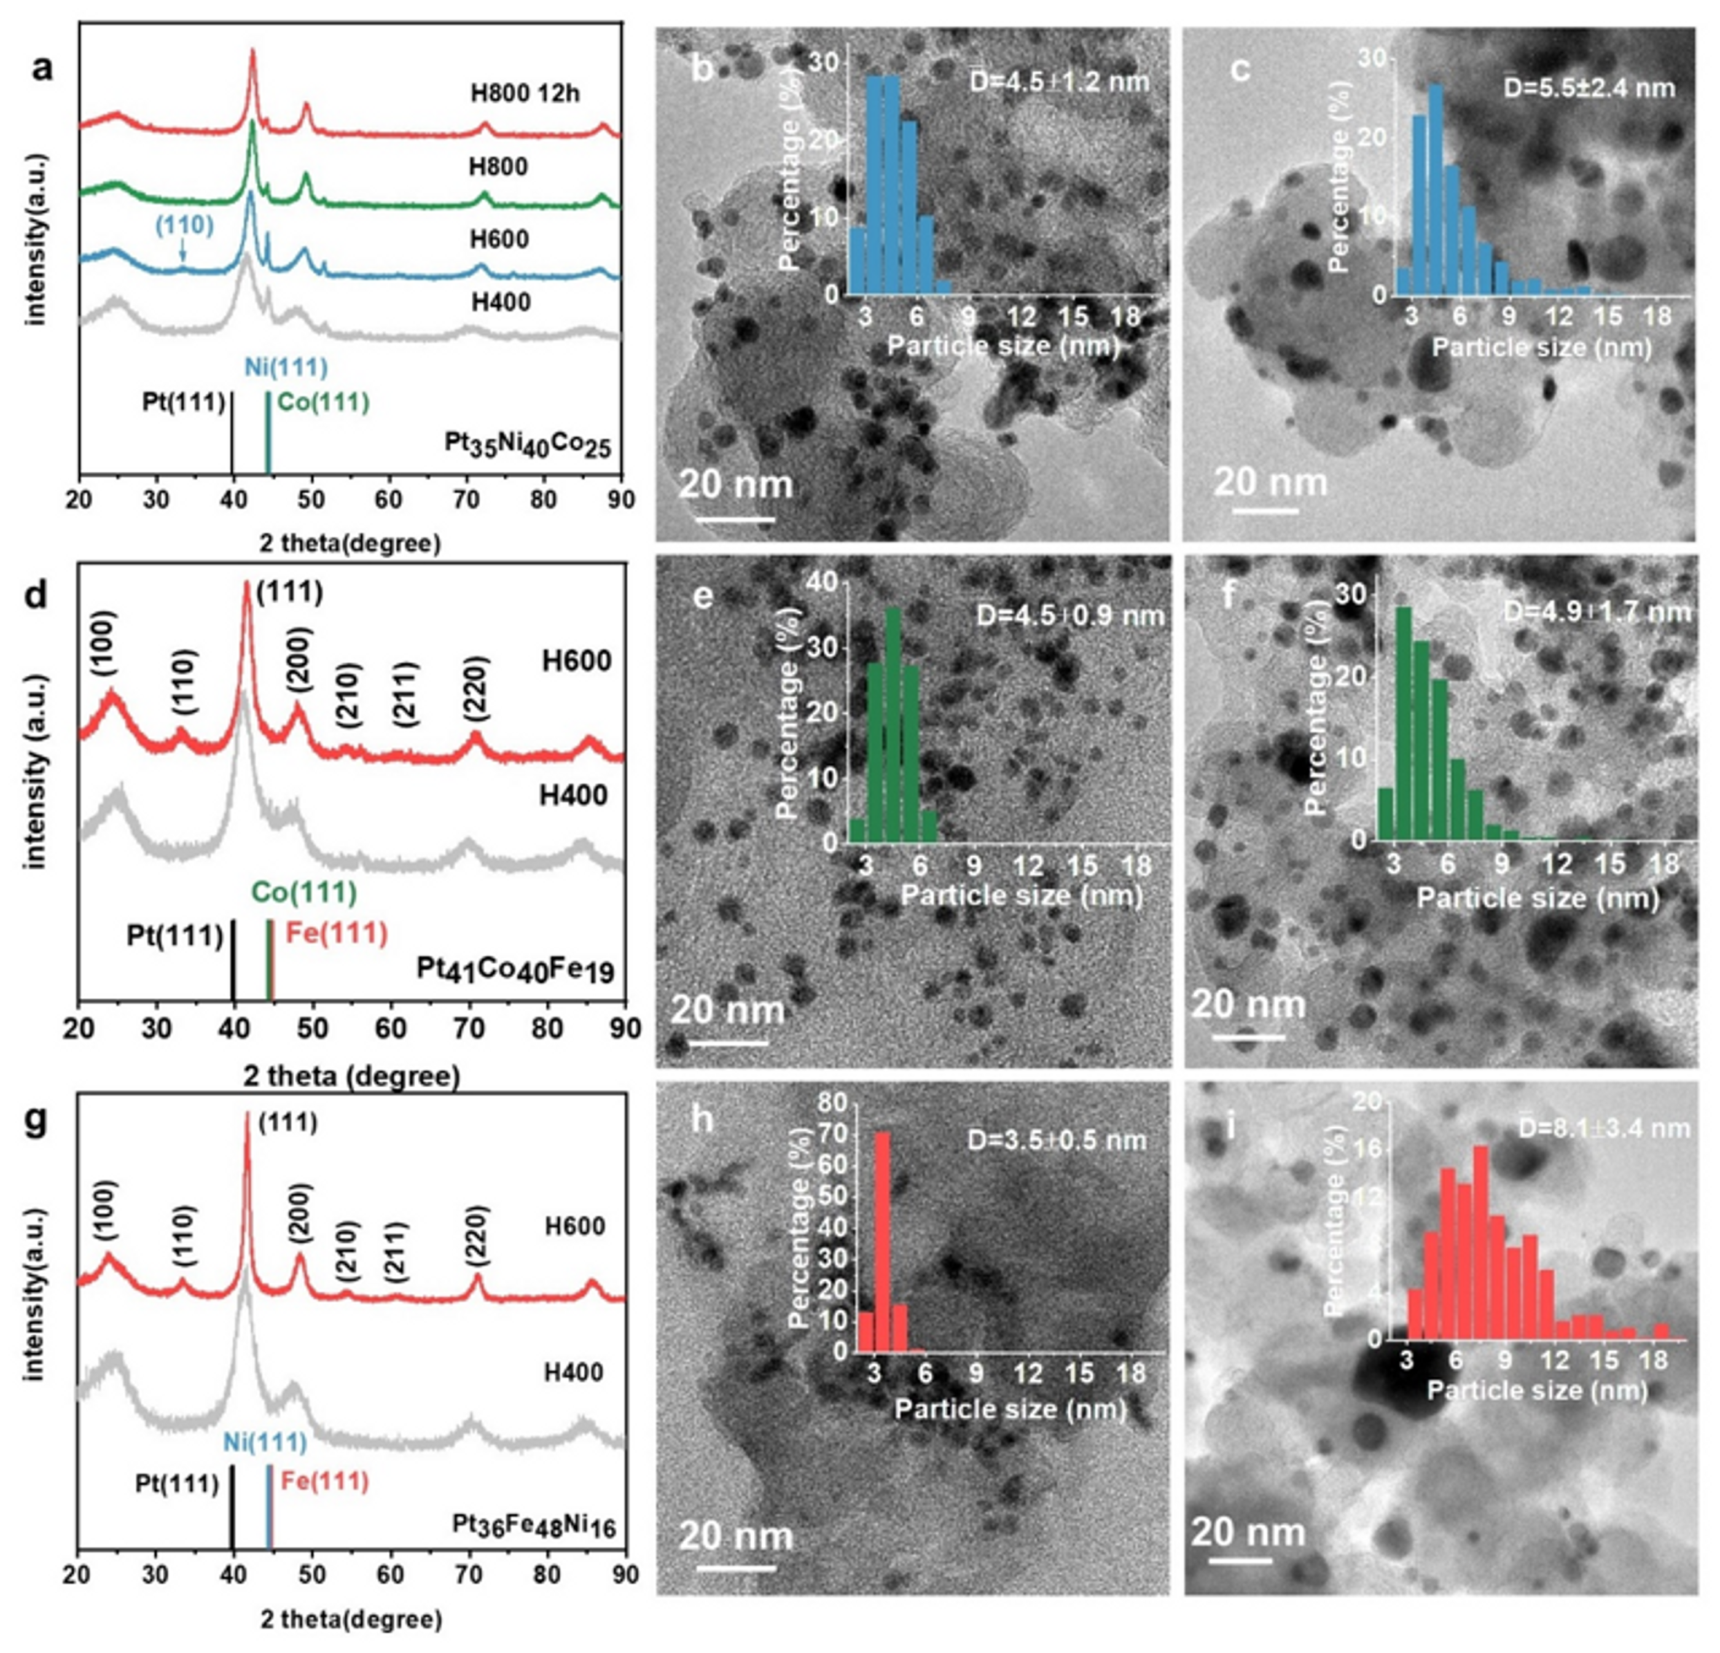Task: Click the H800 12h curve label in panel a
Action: (x=525, y=93)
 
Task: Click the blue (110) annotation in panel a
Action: (x=184, y=225)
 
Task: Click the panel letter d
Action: (x=37, y=596)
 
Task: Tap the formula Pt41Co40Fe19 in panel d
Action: (x=515, y=971)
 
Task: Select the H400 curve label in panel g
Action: (x=573, y=1372)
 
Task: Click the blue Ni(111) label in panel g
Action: (x=264, y=1442)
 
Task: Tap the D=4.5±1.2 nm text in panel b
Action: (x=1058, y=82)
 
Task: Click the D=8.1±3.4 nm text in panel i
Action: (x=1603, y=1127)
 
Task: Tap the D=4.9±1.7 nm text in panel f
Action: (x=1597, y=610)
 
